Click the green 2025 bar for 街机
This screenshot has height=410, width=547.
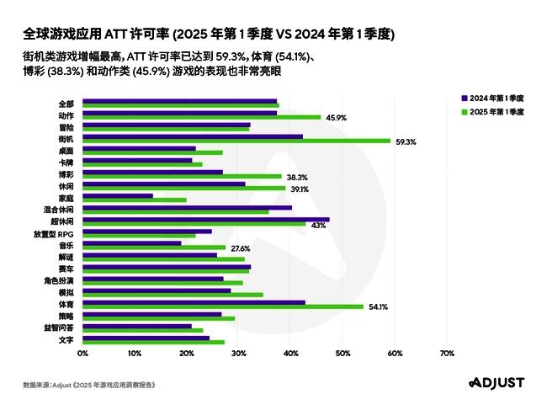[236, 141]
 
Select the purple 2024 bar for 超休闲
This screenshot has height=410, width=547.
[205, 219]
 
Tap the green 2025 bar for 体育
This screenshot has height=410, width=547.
[222, 306]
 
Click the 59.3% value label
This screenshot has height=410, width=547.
[406, 141]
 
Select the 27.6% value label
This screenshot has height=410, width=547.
[241, 248]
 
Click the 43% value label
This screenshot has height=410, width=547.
[318, 225]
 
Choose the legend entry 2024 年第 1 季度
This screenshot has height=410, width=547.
[496, 99]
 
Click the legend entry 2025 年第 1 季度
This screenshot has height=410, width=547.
[496, 110]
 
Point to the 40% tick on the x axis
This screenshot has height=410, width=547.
[290, 354]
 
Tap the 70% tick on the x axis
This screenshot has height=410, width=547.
[447, 354]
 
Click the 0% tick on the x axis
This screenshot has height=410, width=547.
[82, 354]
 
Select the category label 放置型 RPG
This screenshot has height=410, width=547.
[55, 232]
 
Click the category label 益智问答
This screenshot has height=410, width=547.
[59, 327]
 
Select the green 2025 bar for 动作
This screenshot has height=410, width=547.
[201, 117]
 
